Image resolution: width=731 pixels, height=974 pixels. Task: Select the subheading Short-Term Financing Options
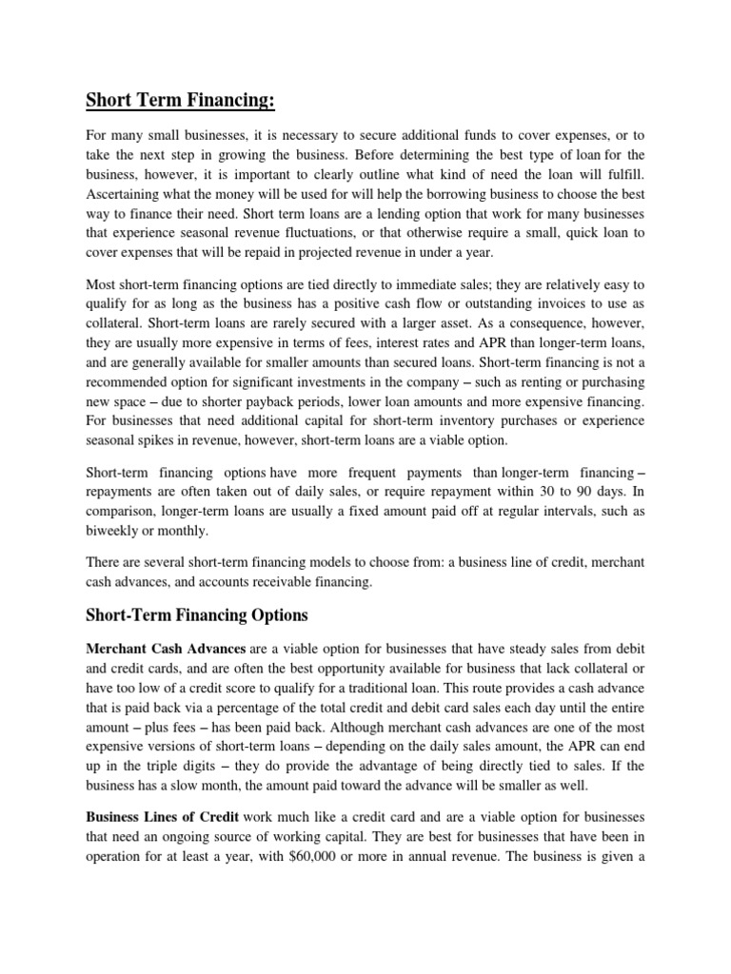(198, 615)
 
